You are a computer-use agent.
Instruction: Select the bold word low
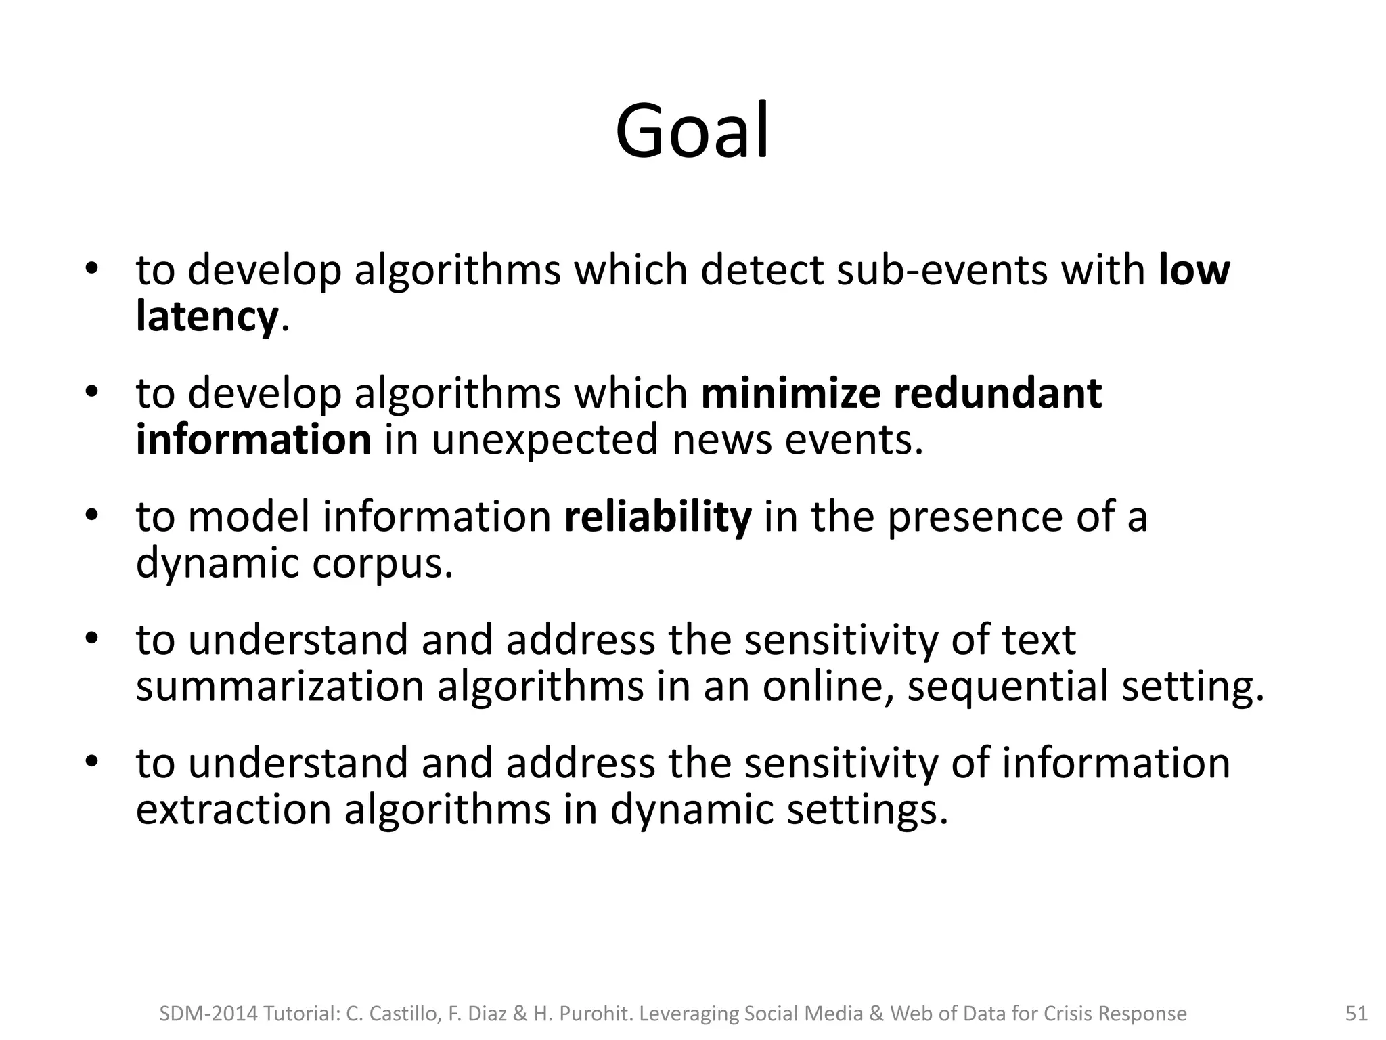coord(1194,270)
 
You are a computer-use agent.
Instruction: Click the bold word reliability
coord(658,517)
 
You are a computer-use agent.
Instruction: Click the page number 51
coord(1356,1014)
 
